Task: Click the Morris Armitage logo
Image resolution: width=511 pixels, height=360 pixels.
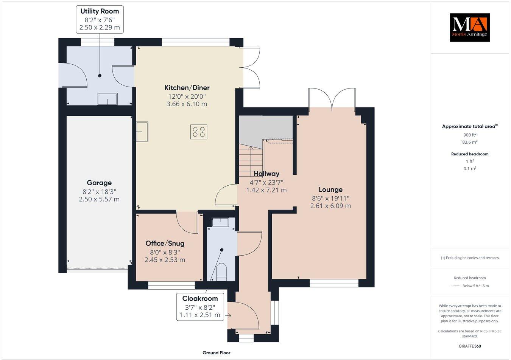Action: [469, 27]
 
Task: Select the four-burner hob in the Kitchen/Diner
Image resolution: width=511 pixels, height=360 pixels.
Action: [199, 132]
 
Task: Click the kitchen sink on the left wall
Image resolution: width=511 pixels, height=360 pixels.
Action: [142, 131]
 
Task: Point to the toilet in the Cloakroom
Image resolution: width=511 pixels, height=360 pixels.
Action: [221, 272]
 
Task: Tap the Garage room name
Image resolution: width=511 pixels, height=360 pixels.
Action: [99, 183]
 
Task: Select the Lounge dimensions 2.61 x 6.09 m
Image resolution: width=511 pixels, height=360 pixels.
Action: [330, 206]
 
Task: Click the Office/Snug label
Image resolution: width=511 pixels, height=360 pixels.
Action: [165, 243]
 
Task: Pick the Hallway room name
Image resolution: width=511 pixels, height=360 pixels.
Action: [266, 174]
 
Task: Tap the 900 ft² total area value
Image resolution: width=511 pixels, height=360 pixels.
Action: [469, 135]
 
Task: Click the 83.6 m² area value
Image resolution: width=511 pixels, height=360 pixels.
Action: [469, 142]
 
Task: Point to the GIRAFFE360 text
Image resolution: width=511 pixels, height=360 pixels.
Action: [469, 346]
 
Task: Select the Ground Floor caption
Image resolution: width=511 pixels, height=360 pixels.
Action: [216, 353]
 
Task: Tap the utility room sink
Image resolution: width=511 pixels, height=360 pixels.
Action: [107, 99]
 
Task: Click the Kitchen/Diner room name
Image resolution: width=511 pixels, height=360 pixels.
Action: [187, 88]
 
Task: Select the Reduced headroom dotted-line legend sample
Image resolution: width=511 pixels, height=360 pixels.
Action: [455, 286]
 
